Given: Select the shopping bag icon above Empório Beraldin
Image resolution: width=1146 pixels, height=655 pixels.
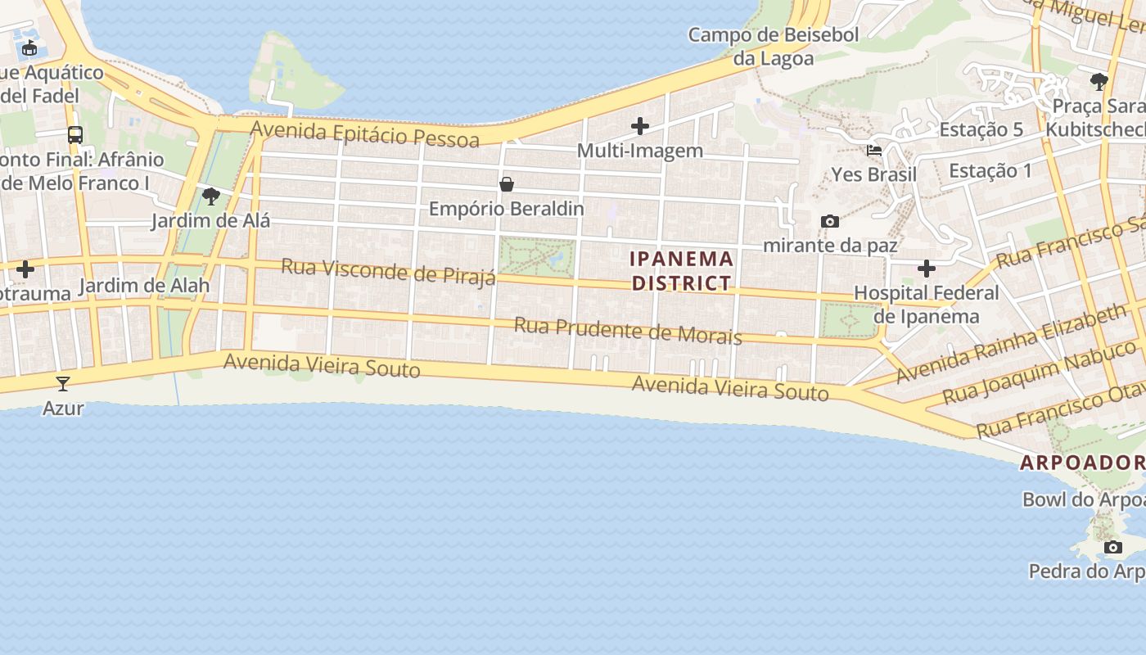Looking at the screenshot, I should (x=507, y=184).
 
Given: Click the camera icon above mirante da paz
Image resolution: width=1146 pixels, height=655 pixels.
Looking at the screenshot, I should (x=830, y=221).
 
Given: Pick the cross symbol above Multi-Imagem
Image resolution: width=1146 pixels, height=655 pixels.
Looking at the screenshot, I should (x=640, y=126).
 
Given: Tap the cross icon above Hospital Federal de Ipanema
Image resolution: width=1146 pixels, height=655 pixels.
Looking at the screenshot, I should (x=927, y=269).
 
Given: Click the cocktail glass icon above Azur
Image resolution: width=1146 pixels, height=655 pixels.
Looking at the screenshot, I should (x=63, y=383).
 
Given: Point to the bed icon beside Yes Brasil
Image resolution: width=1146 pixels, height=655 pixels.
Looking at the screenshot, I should (x=874, y=151).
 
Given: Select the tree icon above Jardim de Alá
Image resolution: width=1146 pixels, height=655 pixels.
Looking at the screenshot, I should (x=210, y=196).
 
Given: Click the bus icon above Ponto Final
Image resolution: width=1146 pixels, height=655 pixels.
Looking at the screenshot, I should (x=75, y=135).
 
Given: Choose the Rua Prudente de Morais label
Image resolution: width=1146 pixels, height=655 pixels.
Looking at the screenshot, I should (x=628, y=331).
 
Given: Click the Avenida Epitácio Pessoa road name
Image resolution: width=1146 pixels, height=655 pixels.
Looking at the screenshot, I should (x=365, y=134).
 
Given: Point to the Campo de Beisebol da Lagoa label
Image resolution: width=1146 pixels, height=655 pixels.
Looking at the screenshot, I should (x=774, y=47).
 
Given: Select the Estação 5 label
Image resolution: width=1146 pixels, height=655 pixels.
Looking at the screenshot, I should (x=981, y=129).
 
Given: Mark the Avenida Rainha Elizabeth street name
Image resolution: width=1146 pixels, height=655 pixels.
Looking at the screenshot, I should (x=1012, y=345).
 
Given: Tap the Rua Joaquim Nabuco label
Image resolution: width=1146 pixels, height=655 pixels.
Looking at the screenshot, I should (x=1040, y=373).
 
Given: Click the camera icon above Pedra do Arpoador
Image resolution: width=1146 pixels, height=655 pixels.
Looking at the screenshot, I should (x=1112, y=547).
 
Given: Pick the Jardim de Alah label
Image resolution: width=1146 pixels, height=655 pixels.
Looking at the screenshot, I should (x=144, y=286).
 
